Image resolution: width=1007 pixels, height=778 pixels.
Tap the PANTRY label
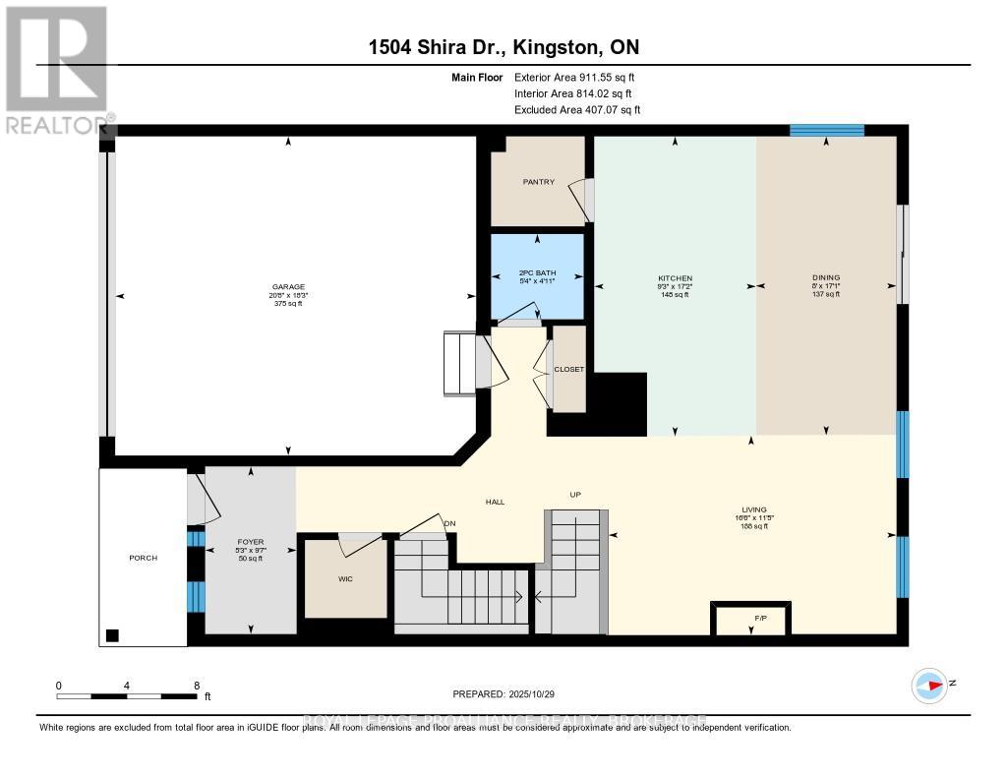(538, 182)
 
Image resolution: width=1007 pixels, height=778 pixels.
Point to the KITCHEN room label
(675, 278)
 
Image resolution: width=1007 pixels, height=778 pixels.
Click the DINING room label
(826, 278)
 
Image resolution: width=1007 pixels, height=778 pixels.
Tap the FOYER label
(251, 541)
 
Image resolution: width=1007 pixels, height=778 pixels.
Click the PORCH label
(143, 558)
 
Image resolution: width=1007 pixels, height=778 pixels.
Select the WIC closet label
(345, 578)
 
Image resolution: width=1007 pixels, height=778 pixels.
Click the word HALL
(495, 502)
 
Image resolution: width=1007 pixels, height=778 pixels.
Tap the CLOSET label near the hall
(568, 369)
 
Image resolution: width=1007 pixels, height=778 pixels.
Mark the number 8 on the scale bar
(197, 686)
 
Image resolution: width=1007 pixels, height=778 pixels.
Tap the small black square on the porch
(113, 634)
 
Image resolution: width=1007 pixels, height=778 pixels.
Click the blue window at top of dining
(827, 130)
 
